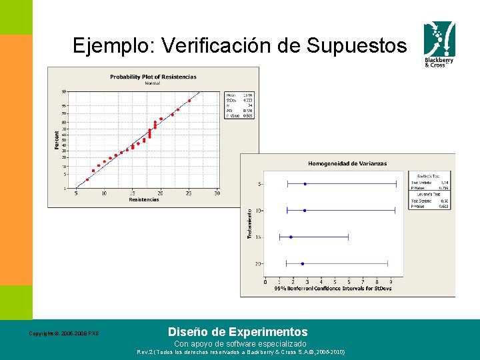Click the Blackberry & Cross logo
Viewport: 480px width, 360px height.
tap(441, 45)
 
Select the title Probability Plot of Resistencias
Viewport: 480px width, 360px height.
tap(153, 77)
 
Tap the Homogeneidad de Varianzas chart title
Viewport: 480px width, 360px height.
tap(347, 163)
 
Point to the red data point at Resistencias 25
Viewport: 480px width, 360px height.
tap(189, 101)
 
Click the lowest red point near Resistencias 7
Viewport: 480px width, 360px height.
tap(87, 179)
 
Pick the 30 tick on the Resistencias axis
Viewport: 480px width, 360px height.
tap(217, 193)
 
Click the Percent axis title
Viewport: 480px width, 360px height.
tap(57, 139)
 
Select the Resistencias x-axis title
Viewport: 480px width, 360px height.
tap(144, 199)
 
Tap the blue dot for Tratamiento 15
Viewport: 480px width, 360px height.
tap(291, 237)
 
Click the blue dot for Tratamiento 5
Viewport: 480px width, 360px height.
tap(305, 183)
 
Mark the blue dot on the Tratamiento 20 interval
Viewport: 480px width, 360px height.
tap(303, 264)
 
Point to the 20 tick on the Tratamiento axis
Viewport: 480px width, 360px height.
tap(258, 264)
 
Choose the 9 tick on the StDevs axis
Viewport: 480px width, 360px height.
tap(391, 282)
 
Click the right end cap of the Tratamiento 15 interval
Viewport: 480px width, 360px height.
tap(349, 237)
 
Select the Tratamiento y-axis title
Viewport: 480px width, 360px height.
tap(250, 223)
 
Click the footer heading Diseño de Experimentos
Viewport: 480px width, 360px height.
tap(238, 331)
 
